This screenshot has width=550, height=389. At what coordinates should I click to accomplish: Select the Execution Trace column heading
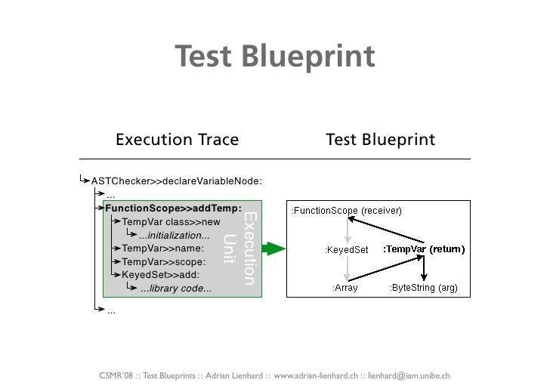tap(177, 140)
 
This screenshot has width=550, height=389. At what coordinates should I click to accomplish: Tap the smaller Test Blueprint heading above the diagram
tap(380, 140)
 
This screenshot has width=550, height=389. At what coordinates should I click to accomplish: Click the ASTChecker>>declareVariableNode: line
tap(176, 181)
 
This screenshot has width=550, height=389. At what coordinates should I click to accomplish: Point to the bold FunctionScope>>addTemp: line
tap(174, 208)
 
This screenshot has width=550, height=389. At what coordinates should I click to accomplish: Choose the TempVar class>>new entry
tap(171, 222)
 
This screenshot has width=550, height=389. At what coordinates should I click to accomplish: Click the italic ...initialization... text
tap(174, 235)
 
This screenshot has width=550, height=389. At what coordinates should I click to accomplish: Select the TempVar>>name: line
tap(162, 248)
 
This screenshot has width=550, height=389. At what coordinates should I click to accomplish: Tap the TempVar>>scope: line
tap(164, 261)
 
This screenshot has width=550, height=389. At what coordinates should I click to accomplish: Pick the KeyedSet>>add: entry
tap(161, 275)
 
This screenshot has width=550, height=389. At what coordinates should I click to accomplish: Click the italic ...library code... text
tap(176, 289)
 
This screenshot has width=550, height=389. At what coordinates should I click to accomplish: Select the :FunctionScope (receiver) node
tap(347, 210)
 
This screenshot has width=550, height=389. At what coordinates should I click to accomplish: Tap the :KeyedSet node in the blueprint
tap(346, 250)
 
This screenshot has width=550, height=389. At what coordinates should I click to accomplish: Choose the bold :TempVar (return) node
tap(423, 249)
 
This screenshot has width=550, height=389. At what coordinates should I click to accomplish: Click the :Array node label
tap(345, 288)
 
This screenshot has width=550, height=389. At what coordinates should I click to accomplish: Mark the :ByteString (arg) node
tap(423, 288)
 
